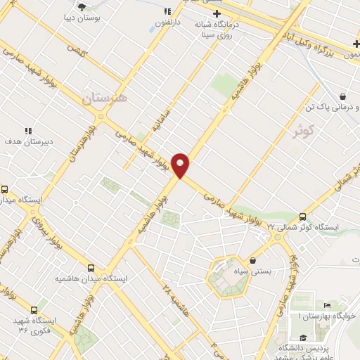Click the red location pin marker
[181, 165]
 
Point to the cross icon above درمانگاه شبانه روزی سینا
[217, 13]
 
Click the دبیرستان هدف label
[29, 140]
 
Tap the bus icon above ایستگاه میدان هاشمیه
[91, 268]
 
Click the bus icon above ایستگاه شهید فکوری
[34, 310]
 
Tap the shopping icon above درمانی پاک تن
[342, 96]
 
